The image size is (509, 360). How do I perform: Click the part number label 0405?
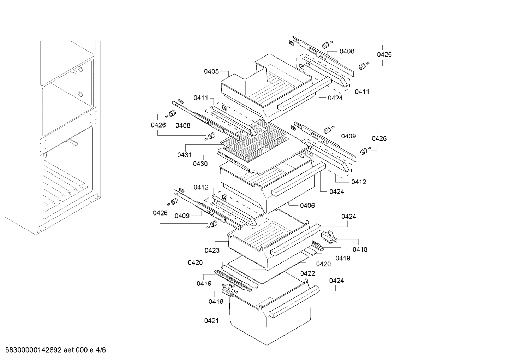[x=211, y=72]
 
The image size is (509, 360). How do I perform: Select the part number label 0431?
[x=184, y=155]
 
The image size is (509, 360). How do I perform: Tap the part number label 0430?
[x=200, y=164]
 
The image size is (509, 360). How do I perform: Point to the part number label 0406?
[x=307, y=206]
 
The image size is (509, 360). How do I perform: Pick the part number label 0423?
[x=212, y=250]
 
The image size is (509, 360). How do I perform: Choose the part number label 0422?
[x=307, y=273]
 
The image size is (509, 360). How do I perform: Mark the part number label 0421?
[x=211, y=321]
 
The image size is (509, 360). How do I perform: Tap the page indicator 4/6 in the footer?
[x=101, y=350]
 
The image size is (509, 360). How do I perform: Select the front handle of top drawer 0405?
[x=297, y=101]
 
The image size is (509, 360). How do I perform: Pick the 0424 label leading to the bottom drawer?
[x=336, y=281]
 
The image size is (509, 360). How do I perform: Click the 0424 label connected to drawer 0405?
[x=335, y=98]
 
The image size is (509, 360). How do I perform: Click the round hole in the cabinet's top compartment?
[x=80, y=69]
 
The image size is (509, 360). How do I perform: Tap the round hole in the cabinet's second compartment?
[x=80, y=94]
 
